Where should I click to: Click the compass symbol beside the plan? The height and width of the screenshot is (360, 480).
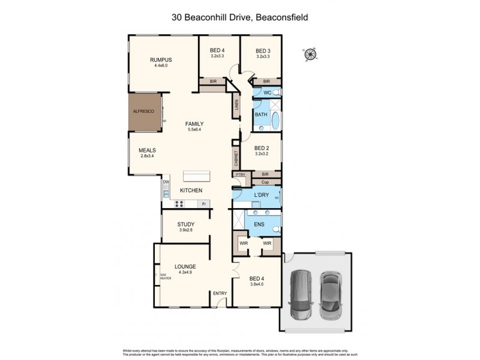click(310, 55)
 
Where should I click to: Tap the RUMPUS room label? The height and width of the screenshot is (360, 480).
click(161, 59)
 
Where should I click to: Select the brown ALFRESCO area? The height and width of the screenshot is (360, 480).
click(144, 112)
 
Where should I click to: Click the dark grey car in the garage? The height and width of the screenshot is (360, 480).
click(301, 295)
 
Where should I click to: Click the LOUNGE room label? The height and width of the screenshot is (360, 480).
click(185, 266)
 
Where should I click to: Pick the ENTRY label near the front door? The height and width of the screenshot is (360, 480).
click(220, 293)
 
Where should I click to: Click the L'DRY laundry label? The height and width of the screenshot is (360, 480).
click(261, 196)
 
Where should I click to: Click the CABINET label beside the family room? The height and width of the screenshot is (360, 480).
click(236, 158)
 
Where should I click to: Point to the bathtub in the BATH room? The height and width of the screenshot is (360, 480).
click(275, 121)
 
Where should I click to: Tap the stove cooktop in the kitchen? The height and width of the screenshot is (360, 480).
click(179, 204)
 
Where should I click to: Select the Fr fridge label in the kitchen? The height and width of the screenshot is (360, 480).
click(203, 204)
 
